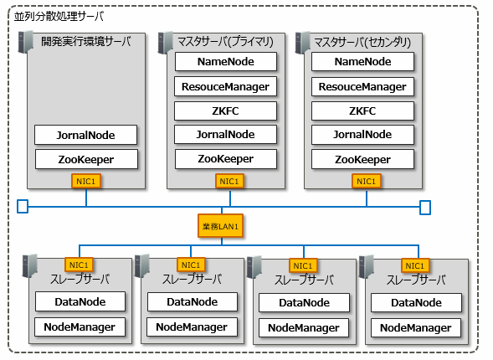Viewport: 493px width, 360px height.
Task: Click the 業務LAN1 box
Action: [x=220, y=226]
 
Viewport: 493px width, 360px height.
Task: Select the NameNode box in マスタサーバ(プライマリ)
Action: [x=226, y=62]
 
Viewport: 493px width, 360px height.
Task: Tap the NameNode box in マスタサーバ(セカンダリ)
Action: [x=362, y=62]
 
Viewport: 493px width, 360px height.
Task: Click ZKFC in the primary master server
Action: [x=225, y=111]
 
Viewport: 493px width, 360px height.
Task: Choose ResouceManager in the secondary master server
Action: [x=362, y=86]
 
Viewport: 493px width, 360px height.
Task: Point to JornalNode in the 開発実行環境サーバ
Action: [x=85, y=135]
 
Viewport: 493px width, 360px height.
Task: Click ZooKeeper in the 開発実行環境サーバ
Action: [x=86, y=159]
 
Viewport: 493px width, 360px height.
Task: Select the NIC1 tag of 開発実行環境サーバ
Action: [x=86, y=181]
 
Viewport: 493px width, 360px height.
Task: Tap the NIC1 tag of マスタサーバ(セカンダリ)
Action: [x=367, y=181]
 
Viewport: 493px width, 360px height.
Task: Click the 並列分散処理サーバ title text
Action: [x=59, y=16]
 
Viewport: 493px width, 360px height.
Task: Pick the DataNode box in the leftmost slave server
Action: [x=80, y=301]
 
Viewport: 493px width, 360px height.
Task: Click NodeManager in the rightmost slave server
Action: [x=416, y=327]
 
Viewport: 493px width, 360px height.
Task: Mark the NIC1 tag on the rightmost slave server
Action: [x=415, y=265]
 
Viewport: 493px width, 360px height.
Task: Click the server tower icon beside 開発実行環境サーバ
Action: [x=25, y=42]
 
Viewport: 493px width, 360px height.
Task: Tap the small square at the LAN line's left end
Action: [x=23, y=207]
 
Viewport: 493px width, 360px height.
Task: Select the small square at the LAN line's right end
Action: [x=425, y=208]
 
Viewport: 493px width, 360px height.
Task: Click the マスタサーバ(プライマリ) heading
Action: [x=225, y=41]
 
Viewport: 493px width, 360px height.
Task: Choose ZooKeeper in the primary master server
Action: [x=226, y=159]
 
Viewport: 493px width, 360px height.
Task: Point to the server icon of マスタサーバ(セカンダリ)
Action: [x=302, y=43]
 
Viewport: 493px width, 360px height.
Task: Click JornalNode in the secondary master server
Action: [x=362, y=135]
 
